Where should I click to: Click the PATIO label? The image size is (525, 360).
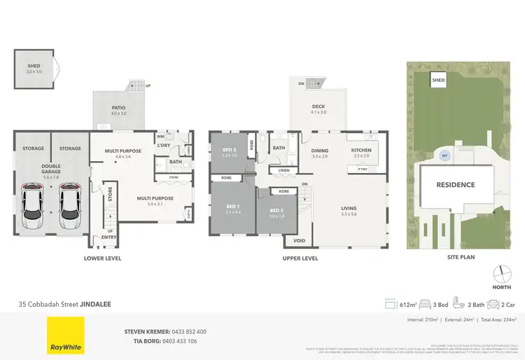click(x=118, y=106)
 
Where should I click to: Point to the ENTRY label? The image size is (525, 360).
click(x=109, y=237)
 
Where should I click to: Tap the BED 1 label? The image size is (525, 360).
click(x=233, y=206)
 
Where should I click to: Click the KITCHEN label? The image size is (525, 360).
click(x=363, y=150)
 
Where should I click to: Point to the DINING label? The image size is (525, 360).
click(x=320, y=150)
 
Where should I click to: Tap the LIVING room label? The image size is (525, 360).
click(x=349, y=208)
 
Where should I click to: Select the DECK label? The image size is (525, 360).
click(x=318, y=106)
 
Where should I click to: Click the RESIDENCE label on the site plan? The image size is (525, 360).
click(x=456, y=185)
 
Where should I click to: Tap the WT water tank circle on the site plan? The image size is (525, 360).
click(x=443, y=155)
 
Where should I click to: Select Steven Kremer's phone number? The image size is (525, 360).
click(x=185, y=331)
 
